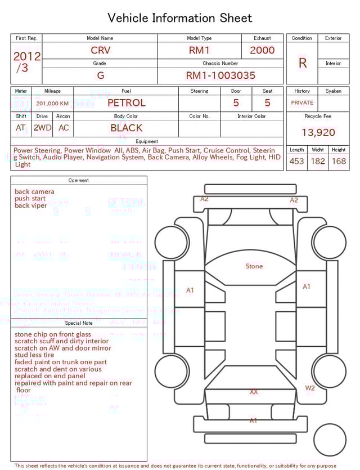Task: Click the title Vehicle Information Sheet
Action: (180, 18)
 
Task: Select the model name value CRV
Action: (101, 50)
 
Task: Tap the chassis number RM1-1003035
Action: (220, 75)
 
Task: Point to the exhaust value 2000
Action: (262, 50)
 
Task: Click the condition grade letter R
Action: (303, 63)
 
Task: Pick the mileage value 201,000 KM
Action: (52, 104)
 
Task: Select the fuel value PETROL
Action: (127, 103)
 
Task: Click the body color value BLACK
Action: (127, 128)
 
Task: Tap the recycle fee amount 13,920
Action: (318, 133)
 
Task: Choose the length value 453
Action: (296, 162)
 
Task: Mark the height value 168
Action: (339, 162)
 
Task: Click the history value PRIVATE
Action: (302, 103)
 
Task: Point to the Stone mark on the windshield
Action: (254, 266)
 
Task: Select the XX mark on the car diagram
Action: (254, 391)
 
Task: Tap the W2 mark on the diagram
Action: (310, 388)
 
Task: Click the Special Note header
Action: (79, 323)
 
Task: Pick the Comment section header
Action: (79, 181)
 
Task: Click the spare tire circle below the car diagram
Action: (330, 440)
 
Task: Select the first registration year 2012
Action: (26, 56)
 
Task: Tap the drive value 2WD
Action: (42, 128)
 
